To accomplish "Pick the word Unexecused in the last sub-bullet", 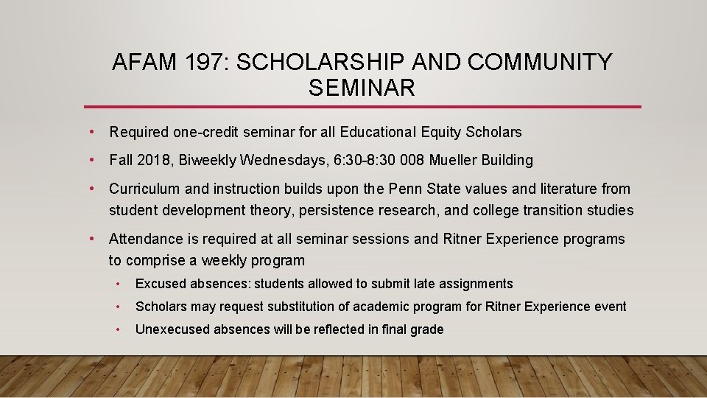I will click(172, 329).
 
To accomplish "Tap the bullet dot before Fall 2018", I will click(92, 160).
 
